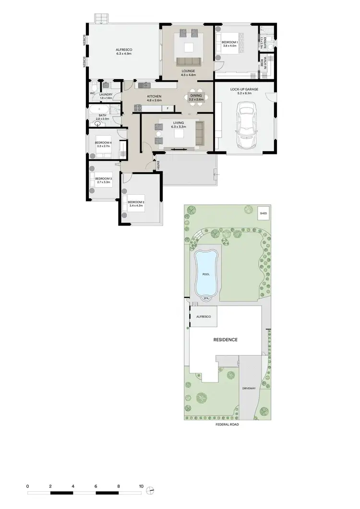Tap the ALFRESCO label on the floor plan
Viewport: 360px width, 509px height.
click(x=124, y=50)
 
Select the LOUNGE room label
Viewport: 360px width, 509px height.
click(x=188, y=71)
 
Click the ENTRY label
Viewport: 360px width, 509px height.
click(x=158, y=166)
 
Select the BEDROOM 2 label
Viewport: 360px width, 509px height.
click(x=136, y=202)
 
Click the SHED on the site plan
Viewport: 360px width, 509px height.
click(x=263, y=213)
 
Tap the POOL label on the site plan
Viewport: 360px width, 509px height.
click(x=206, y=274)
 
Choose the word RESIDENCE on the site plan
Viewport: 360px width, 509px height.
click(x=225, y=340)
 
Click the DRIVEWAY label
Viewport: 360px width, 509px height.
click(x=248, y=388)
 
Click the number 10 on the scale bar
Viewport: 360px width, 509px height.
click(x=141, y=486)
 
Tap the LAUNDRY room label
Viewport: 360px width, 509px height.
click(x=106, y=95)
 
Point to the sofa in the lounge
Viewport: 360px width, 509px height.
click(x=188, y=61)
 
